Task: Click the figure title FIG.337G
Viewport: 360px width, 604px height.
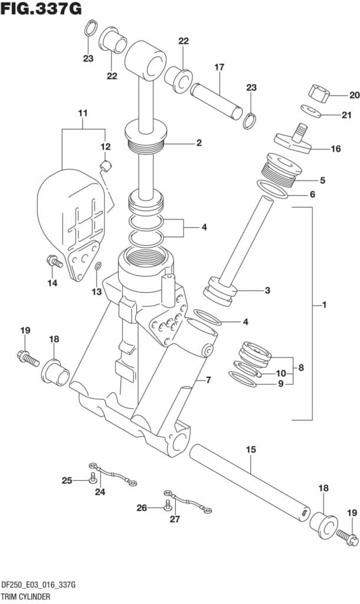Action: [41, 9]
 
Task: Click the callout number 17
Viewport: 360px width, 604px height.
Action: [219, 67]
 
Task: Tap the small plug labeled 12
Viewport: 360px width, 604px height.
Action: [106, 165]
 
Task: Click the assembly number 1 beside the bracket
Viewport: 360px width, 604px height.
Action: [324, 305]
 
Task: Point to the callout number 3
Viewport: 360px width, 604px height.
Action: [267, 290]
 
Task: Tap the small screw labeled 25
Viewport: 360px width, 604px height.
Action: [93, 481]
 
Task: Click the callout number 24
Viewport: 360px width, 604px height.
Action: [99, 492]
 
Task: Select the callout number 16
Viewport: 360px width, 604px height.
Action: [335, 149]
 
